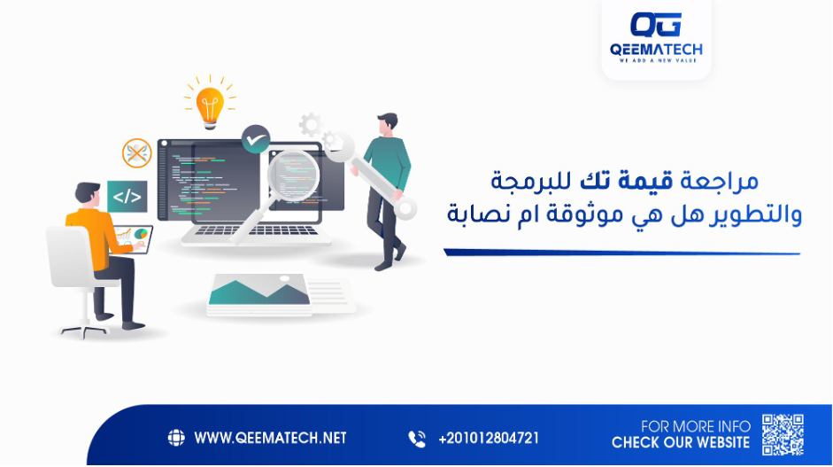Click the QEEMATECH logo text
tap(656, 51)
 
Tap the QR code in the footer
tap(783, 434)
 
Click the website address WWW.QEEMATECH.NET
tap(270, 439)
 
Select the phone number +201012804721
tap(488, 439)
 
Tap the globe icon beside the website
tap(175, 439)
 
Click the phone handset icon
tap(416, 439)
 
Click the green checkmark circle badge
tap(255, 139)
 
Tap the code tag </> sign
tap(127, 197)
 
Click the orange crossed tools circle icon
tap(136, 153)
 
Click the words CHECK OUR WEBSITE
tap(680, 443)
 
